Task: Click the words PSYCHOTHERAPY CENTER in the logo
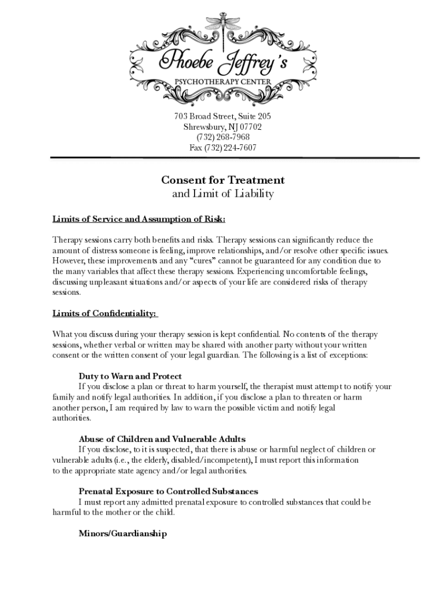pos(223,82)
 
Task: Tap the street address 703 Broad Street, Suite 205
pos(223,116)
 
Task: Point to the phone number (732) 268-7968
pos(223,137)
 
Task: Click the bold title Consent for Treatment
pos(223,180)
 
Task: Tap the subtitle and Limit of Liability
pos(223,194)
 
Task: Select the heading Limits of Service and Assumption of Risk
pos(139,219)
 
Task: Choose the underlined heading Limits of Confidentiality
pos(105,313)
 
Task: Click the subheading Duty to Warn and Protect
pos(130,376)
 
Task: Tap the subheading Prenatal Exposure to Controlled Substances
pos(169,492)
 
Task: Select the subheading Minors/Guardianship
pos(123,533)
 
